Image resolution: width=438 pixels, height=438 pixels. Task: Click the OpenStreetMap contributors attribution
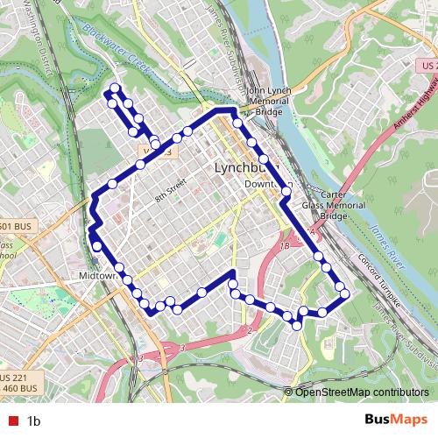pos(362,392)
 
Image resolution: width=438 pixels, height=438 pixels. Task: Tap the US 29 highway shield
pos(427,66)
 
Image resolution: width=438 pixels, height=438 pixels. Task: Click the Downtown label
pos(267,184)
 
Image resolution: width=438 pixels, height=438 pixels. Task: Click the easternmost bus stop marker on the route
pos(345,293)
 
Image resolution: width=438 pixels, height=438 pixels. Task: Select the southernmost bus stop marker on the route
pos(297,325)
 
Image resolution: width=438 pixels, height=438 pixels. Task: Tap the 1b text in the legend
pos(34,421)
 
